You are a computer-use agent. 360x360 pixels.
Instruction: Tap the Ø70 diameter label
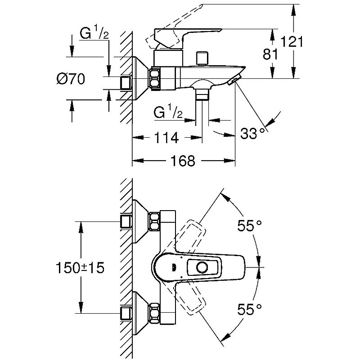tap(71, 79)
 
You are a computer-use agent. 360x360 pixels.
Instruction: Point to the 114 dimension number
tap(166, 138)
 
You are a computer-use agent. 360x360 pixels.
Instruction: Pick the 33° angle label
tap(252, 134)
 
